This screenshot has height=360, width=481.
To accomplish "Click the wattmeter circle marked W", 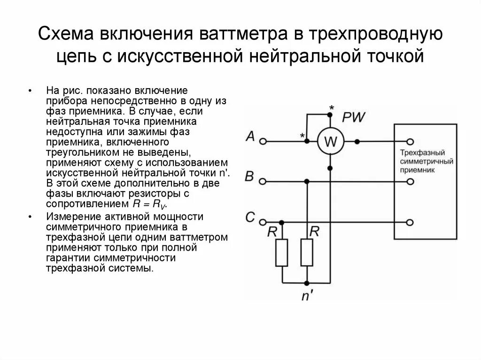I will coord(330,141).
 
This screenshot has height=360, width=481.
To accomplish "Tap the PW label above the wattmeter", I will coord(353,117).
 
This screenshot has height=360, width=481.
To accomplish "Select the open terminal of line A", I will coord(264,141).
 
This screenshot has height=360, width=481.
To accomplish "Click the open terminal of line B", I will coord(264,181).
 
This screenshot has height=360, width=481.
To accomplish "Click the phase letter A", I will coord(250,137).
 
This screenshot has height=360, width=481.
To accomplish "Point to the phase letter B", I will coord(250,177).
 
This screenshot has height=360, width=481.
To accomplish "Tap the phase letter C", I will coord(250,217).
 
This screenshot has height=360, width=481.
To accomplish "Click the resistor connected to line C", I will coord(282,253).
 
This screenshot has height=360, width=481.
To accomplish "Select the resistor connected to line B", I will coord(307,253).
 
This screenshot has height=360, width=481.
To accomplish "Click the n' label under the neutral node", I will coord(306,297).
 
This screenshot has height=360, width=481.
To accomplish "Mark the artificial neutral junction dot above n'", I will coord(307,283).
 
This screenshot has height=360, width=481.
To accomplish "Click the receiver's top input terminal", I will coord(411,141).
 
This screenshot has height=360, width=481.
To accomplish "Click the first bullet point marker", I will coord(30,90).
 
